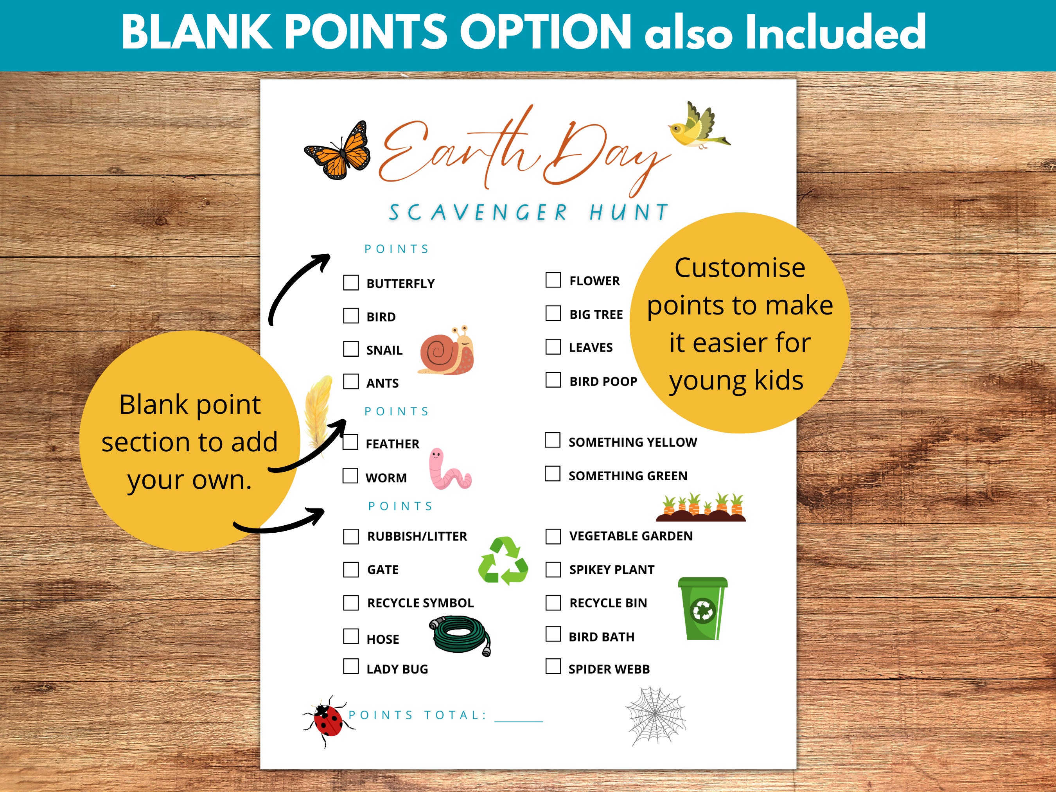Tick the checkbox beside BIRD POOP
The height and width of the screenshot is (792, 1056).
pos(553,380)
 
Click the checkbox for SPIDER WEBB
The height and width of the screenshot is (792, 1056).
pos(553,666)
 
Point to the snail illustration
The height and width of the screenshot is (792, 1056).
pos(447,351)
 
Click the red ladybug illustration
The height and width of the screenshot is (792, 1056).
pos(327,720)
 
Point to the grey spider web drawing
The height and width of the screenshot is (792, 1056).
pos(656,715)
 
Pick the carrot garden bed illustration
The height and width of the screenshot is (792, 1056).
pos(701,508)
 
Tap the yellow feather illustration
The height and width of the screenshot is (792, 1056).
pos(318,413)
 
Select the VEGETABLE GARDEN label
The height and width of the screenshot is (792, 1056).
pos(630,536)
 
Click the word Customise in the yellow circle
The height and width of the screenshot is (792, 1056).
pos(740,268)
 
